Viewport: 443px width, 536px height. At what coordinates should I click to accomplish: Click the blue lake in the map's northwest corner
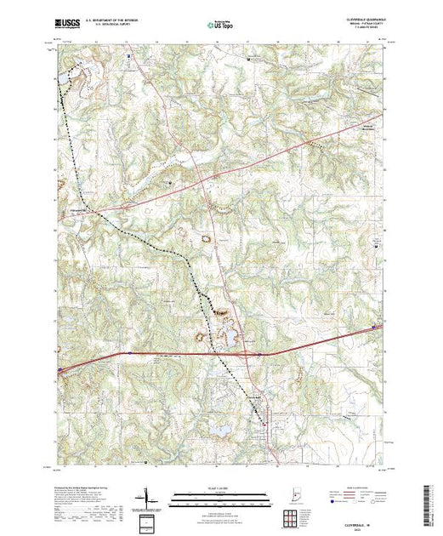coord(63,78)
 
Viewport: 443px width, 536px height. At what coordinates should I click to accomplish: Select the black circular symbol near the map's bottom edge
coord(145,463)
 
